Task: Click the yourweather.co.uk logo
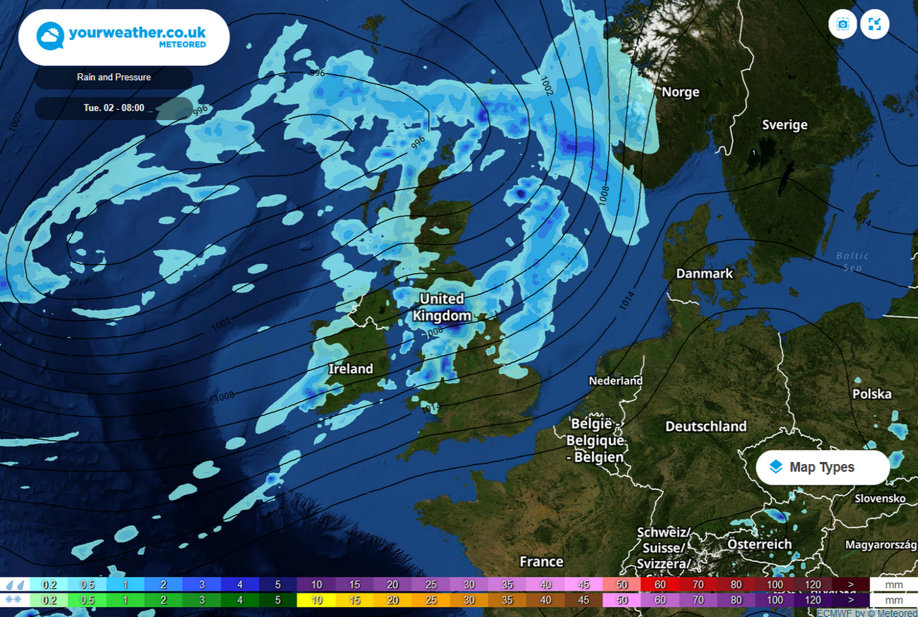[x=123, y=37]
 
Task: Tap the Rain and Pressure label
[x=114, y=77]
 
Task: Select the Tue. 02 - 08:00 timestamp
[x=113, y=108]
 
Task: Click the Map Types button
[x=822, y=467]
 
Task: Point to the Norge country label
[x=680, y=92]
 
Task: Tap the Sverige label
[x=785, y=125]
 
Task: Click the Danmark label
[x=704, y=273]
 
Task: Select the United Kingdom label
[x=442, y=307]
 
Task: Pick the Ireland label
[x=351, y=369]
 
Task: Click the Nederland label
[x=615, y=380]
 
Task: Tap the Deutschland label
[x=706, y=426]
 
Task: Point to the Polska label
[x=871, y=394]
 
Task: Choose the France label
[x=541, y=561]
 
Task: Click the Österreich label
[x=760, y=545]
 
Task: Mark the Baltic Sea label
[x=852, y=261]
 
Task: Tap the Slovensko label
[x=880, y=498]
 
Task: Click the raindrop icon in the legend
[x=14, y=585]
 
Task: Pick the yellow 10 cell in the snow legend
[x=316, y=600]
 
